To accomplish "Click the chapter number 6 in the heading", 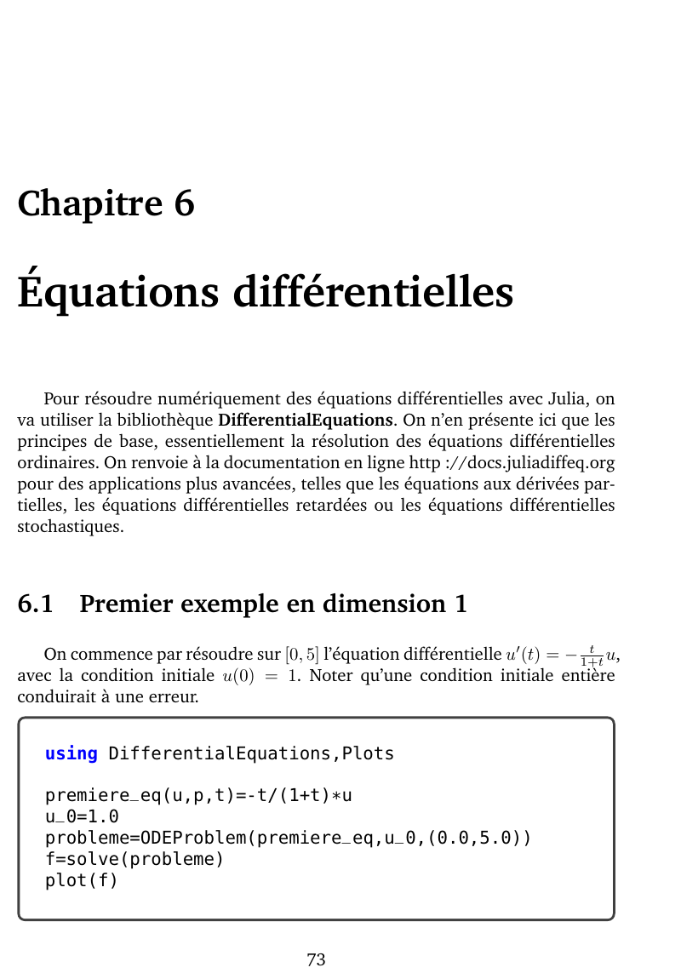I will [x=184, y=204].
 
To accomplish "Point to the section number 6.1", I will [x=35, y=604].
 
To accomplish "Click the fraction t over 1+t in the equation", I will [x=588, y=656].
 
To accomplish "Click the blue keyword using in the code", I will [x=72, y=753].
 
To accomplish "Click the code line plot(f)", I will [x=82, y=880].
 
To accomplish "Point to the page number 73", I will [x=316, y=960].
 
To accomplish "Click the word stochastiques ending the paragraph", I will [x=71, y=526].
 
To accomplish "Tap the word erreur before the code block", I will [x=172, y=696].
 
